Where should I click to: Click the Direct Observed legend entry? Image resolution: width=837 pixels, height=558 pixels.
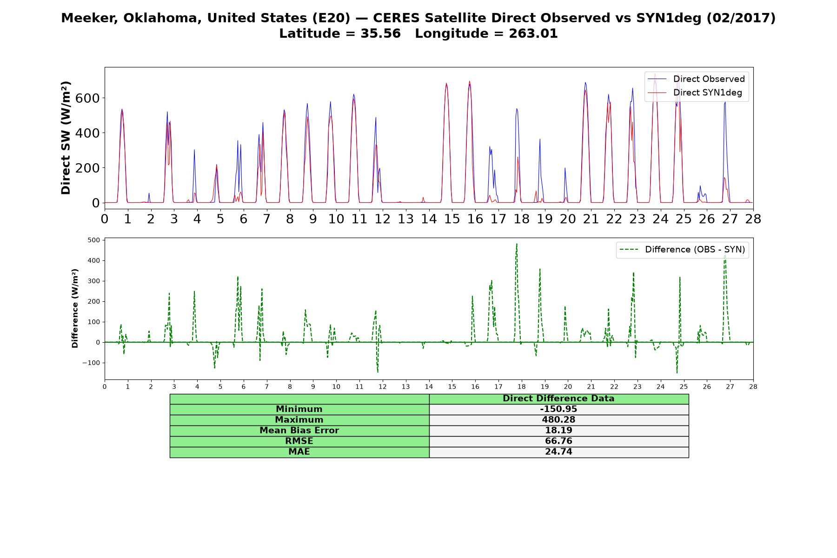tap(696, 79)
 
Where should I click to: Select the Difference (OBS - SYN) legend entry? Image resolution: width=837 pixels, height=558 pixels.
tap(682, 250)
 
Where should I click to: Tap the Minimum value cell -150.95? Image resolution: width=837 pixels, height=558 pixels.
tap(558, 409)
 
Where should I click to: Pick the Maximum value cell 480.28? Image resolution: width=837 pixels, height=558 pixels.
tap(558, 420)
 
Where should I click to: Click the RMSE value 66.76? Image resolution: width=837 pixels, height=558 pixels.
tap(558, 441)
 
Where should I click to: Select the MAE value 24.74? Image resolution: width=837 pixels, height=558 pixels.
tap(558, 452)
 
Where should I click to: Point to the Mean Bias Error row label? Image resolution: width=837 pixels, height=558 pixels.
tap(299, 431)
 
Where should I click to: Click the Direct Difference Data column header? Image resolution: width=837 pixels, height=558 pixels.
tap(558, 399)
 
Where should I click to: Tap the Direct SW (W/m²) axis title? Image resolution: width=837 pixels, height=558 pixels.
tap(66, 138)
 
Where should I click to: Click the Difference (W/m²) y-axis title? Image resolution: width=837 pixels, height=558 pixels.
tap(75, 308)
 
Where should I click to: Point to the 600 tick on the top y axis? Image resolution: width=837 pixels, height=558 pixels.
tap(88, 98)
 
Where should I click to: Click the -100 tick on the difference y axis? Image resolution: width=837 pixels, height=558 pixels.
tap(91, 363)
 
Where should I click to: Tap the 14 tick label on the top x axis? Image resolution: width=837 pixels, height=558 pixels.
tap(429, 219)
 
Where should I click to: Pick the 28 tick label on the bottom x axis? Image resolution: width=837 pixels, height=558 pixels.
tap(753, 386)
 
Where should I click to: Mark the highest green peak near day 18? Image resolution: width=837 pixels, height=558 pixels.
tap(517, 244)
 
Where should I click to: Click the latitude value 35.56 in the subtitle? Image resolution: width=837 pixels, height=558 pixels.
tap(380, 33)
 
